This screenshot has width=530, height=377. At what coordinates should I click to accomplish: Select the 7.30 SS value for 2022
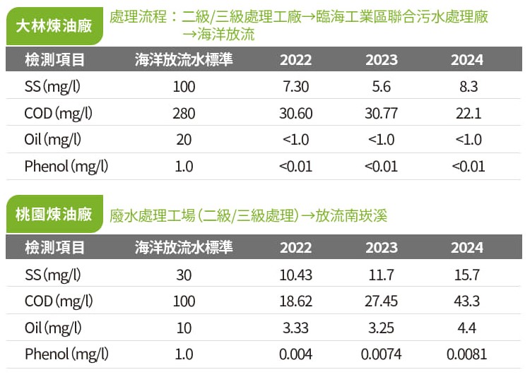tap(295, 86)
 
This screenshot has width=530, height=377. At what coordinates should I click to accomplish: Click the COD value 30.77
tap(381, 113)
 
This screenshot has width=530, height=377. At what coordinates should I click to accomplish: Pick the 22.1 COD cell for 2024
tap(468, 113)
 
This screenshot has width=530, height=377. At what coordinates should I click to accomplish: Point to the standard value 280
tap(184, 113)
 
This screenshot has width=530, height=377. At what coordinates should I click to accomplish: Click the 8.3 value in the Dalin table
tap(468, 86)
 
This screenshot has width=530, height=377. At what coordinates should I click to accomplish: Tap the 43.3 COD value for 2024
tap(467, 301)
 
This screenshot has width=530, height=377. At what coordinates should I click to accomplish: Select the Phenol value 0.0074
tap(381, 354)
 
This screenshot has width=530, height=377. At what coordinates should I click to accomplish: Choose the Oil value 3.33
tap(295, 328)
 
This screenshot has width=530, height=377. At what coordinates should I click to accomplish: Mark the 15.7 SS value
tap(467, 274)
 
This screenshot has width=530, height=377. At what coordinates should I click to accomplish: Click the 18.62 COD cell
tap(295, 301)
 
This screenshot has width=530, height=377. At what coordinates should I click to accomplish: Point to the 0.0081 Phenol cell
tap(467, 354)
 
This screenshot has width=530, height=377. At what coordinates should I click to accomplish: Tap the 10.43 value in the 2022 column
tap(295, 274)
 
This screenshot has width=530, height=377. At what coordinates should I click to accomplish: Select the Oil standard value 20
tap(184, 140)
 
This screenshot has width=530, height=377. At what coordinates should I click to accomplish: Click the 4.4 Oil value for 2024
tap(467, 328)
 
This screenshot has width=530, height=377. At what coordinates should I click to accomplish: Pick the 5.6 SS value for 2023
tap(381, 86)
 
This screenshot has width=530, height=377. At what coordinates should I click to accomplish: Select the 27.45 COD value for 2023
tap(381, 301)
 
